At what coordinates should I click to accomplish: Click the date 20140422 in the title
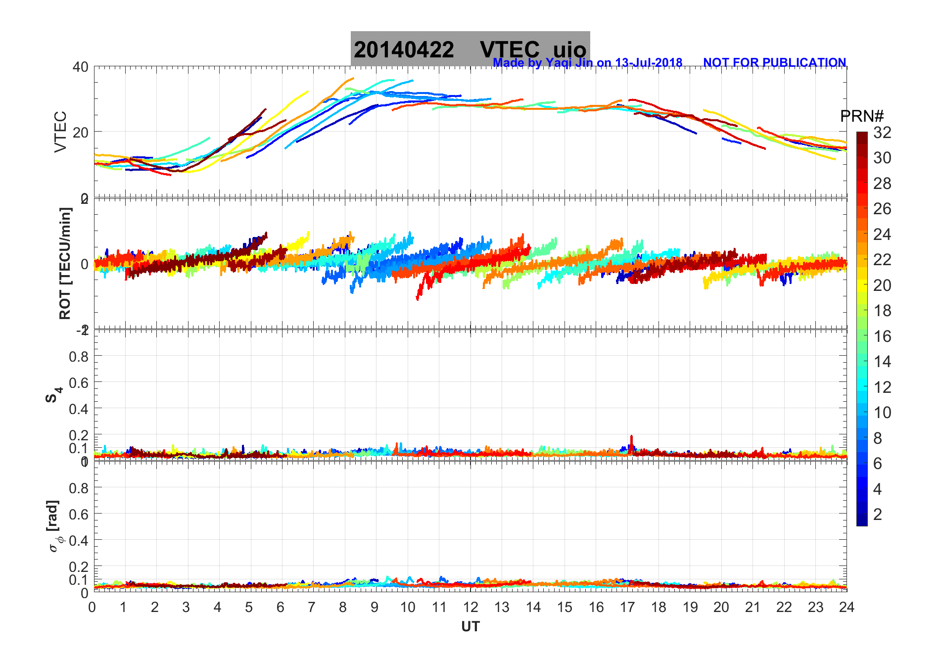coord(404,50)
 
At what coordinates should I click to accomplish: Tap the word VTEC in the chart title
coord(510,50)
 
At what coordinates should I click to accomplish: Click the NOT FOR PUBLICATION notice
coord(774,63)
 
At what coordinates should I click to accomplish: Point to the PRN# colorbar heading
coord(861,116)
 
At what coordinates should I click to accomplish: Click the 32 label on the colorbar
coord(882,133)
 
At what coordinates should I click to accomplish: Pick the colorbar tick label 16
coord(882,336)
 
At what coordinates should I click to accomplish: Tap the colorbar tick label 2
coord(877,515)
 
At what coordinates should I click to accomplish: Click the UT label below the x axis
coord(470,627)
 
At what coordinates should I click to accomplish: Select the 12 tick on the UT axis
coord(470,607)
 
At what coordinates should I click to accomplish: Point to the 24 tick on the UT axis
coord(847,607)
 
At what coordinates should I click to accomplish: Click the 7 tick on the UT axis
coord(312,607)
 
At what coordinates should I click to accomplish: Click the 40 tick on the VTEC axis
coord(81,67)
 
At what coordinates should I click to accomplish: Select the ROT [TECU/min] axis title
coord(65,263)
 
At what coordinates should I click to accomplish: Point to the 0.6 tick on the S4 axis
coord(79,382)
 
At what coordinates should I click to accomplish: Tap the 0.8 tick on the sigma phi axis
coord(79,488)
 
